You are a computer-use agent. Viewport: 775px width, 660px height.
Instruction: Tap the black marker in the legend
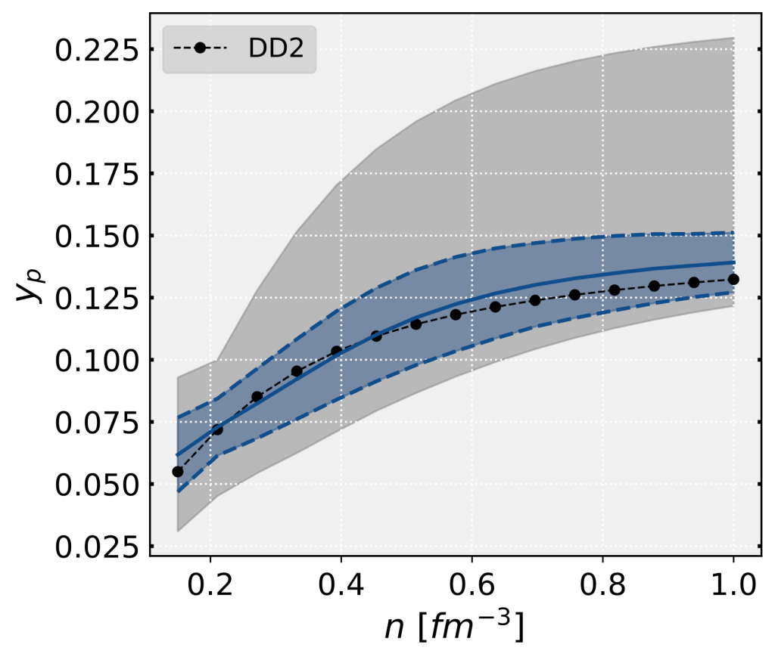pos(200,48)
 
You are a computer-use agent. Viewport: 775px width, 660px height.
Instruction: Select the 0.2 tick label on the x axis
pos(210,586)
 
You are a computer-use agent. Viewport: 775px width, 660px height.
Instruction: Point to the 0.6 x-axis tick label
pos(472,586)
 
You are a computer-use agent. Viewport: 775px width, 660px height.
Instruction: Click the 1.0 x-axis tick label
pos(733,586)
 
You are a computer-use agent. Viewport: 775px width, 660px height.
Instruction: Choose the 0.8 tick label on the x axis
pos(602,586)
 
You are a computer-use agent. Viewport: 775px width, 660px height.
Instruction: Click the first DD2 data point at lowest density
pos(178,472)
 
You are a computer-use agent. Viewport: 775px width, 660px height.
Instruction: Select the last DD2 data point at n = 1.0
pos(733,279)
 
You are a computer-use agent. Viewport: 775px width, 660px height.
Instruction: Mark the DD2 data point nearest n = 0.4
pos(337,351)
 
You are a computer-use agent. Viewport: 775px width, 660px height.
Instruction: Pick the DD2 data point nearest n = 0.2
pos(217,430)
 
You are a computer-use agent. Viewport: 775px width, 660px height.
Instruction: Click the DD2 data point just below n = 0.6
pos(456,315)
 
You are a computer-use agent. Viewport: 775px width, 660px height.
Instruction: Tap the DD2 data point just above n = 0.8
pos(615,290)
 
